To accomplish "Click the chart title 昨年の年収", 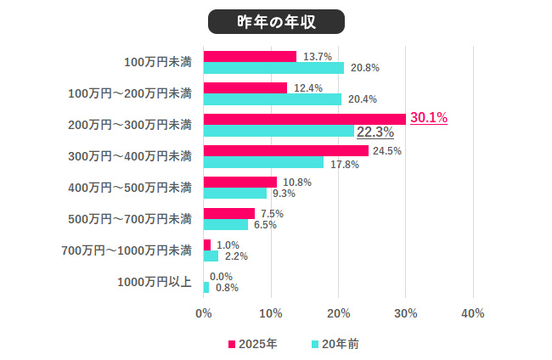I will (275, 21).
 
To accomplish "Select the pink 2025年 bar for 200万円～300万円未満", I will (304, 119).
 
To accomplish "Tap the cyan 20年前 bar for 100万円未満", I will (273, 68).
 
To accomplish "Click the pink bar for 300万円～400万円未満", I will (285, 150).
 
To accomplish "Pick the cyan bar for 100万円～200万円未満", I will (272, 99).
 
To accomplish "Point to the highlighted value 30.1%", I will (429, 118).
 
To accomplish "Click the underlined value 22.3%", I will (375, 132).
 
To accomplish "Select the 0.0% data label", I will (221, 276).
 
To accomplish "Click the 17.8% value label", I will (344, 164).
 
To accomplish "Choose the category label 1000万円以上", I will (154, 282).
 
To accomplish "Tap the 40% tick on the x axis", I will (472, 313).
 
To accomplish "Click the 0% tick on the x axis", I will (204, 313).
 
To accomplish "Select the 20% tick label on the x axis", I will (338, 313).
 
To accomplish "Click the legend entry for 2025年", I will (252, 344).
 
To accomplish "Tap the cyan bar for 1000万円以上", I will (206, 288).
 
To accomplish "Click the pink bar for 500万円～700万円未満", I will (228, 213).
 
